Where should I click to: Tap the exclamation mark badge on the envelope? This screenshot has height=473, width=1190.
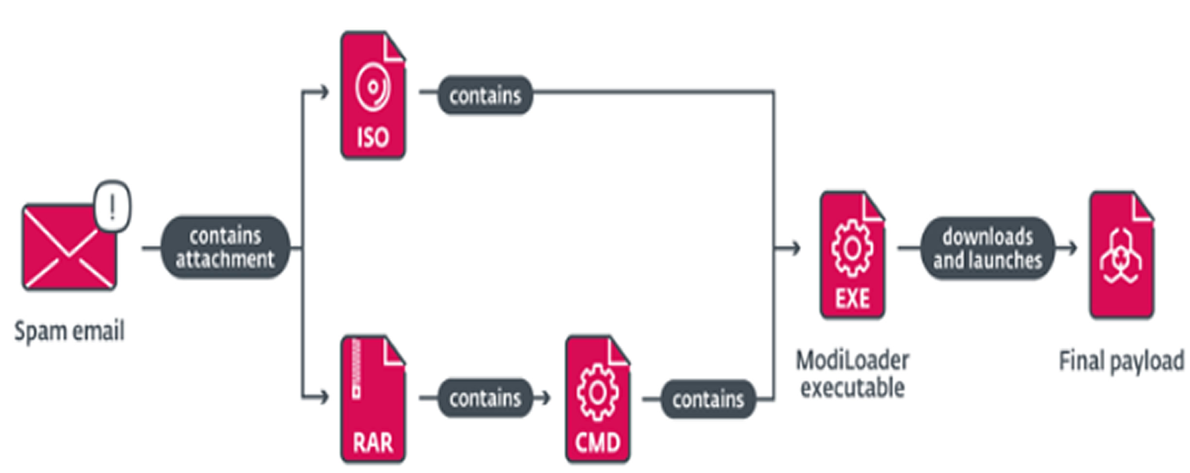pos(112,206)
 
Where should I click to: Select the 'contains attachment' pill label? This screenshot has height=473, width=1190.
pos(225,248)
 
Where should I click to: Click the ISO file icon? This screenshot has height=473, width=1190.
pos(373,95)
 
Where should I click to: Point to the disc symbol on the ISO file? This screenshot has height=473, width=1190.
pos(373,88)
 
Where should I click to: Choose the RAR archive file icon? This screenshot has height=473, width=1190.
pos(373,399)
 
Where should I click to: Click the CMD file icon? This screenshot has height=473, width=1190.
pos(597,399)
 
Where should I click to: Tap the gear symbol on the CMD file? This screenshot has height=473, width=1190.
pos(597,392)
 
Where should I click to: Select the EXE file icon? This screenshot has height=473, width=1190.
pos(852,255)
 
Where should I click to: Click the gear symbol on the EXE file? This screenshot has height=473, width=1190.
pos(852,248)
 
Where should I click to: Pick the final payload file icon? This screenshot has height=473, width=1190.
pos(1121,255)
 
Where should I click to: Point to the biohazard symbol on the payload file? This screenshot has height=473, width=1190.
pos(1120,256)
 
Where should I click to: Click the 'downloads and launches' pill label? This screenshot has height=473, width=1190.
pos(987,248)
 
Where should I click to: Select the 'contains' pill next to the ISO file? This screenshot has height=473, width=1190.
pos(485,95)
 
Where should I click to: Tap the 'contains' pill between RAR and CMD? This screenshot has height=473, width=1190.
pos(485,398)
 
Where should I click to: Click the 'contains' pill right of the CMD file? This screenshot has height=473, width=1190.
pos(708,399)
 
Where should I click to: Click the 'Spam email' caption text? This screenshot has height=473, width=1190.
pos(70,331)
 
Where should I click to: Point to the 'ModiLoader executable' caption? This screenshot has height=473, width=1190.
pos(852,374)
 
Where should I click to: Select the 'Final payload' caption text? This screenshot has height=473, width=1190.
pos(1121,361)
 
